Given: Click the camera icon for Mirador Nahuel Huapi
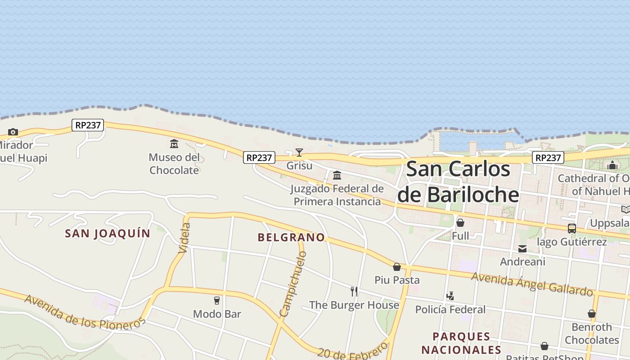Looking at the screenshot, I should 13,132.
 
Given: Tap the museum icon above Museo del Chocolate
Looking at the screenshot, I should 174,144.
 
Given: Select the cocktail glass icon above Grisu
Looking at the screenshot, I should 299,152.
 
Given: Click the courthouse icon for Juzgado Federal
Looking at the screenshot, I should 337,175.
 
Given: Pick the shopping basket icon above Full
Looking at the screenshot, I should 460,222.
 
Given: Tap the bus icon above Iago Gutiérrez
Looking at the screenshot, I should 571,228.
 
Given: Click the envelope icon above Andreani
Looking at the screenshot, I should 522,248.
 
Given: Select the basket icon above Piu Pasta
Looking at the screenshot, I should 397,267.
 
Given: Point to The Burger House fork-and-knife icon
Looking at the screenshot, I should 354,292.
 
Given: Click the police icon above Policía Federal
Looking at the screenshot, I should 450,296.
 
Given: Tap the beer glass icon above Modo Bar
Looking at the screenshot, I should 217,300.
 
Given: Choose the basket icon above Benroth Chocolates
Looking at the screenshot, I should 592,314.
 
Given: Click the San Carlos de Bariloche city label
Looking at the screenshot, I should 458,182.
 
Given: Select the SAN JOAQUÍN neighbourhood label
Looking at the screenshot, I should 108,234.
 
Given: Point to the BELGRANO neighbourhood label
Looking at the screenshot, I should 291,237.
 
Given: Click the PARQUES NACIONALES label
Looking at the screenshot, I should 461,343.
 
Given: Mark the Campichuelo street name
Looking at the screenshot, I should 293,283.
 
